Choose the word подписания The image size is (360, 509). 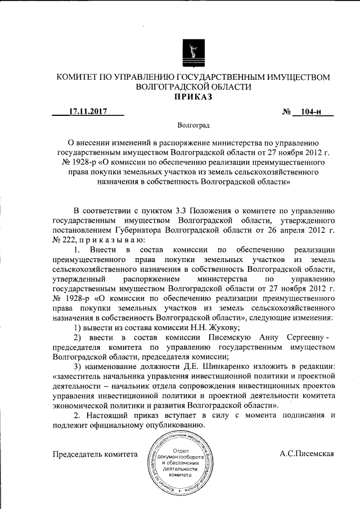pyautogui.click(x=302, y=415)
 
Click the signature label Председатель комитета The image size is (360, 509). pyautogui.click(x=94, y=453)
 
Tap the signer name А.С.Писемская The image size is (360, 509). pyautogui.click(x=307, y=453)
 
